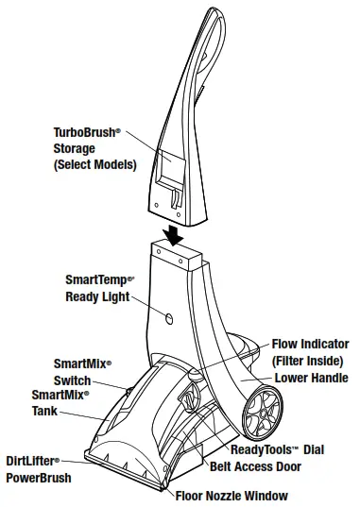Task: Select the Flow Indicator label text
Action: [x=310, y=345]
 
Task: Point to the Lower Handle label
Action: [x=311, y=378]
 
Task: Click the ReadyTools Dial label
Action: [x=281, y=450]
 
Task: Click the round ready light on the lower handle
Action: [x=167, y=319]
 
